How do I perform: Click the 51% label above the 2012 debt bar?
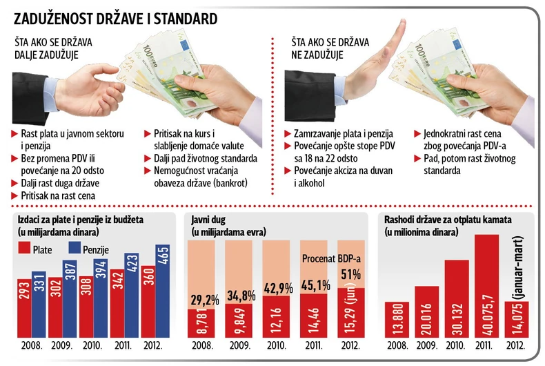coord(349,273)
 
